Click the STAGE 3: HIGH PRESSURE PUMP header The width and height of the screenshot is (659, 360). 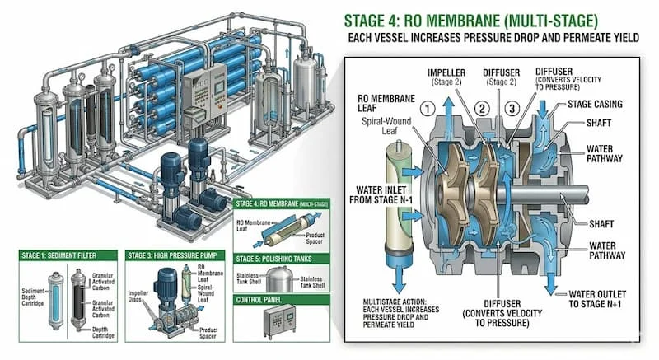[x=174, y=255]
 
